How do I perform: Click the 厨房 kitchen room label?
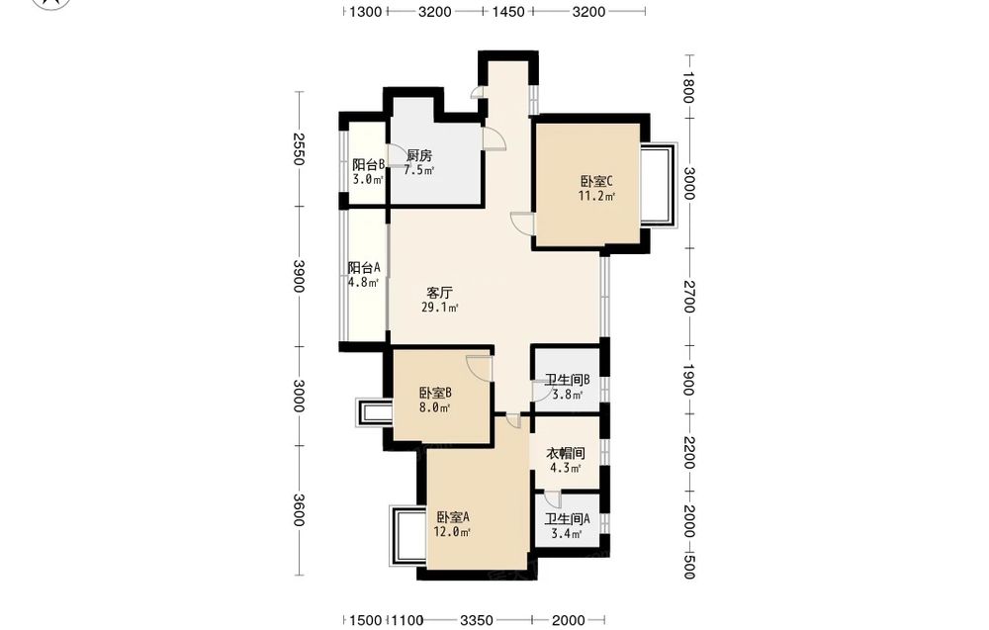[418, 155]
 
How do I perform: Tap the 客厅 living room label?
[440, 293]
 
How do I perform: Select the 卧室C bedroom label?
[596, 181]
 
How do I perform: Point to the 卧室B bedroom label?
[435, 393]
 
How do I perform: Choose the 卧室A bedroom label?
[453, 517]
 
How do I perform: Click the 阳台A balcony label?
[364, 267]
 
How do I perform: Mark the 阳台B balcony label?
[368, 164]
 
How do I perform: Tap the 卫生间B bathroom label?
[567, 380]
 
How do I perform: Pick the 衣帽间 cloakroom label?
[565, 453]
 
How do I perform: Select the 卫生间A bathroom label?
[567, 518]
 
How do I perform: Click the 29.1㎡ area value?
[440, 308]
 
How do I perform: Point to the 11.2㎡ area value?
[596, 196]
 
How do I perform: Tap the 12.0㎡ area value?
[452, 532]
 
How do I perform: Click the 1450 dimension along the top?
[508, 11]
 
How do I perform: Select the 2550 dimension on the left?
[299, 148]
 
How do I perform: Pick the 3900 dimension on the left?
[299, 276]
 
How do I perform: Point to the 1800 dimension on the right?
[688, 87]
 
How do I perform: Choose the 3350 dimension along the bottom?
[477, 620]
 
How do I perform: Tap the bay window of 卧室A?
[408, 535]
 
